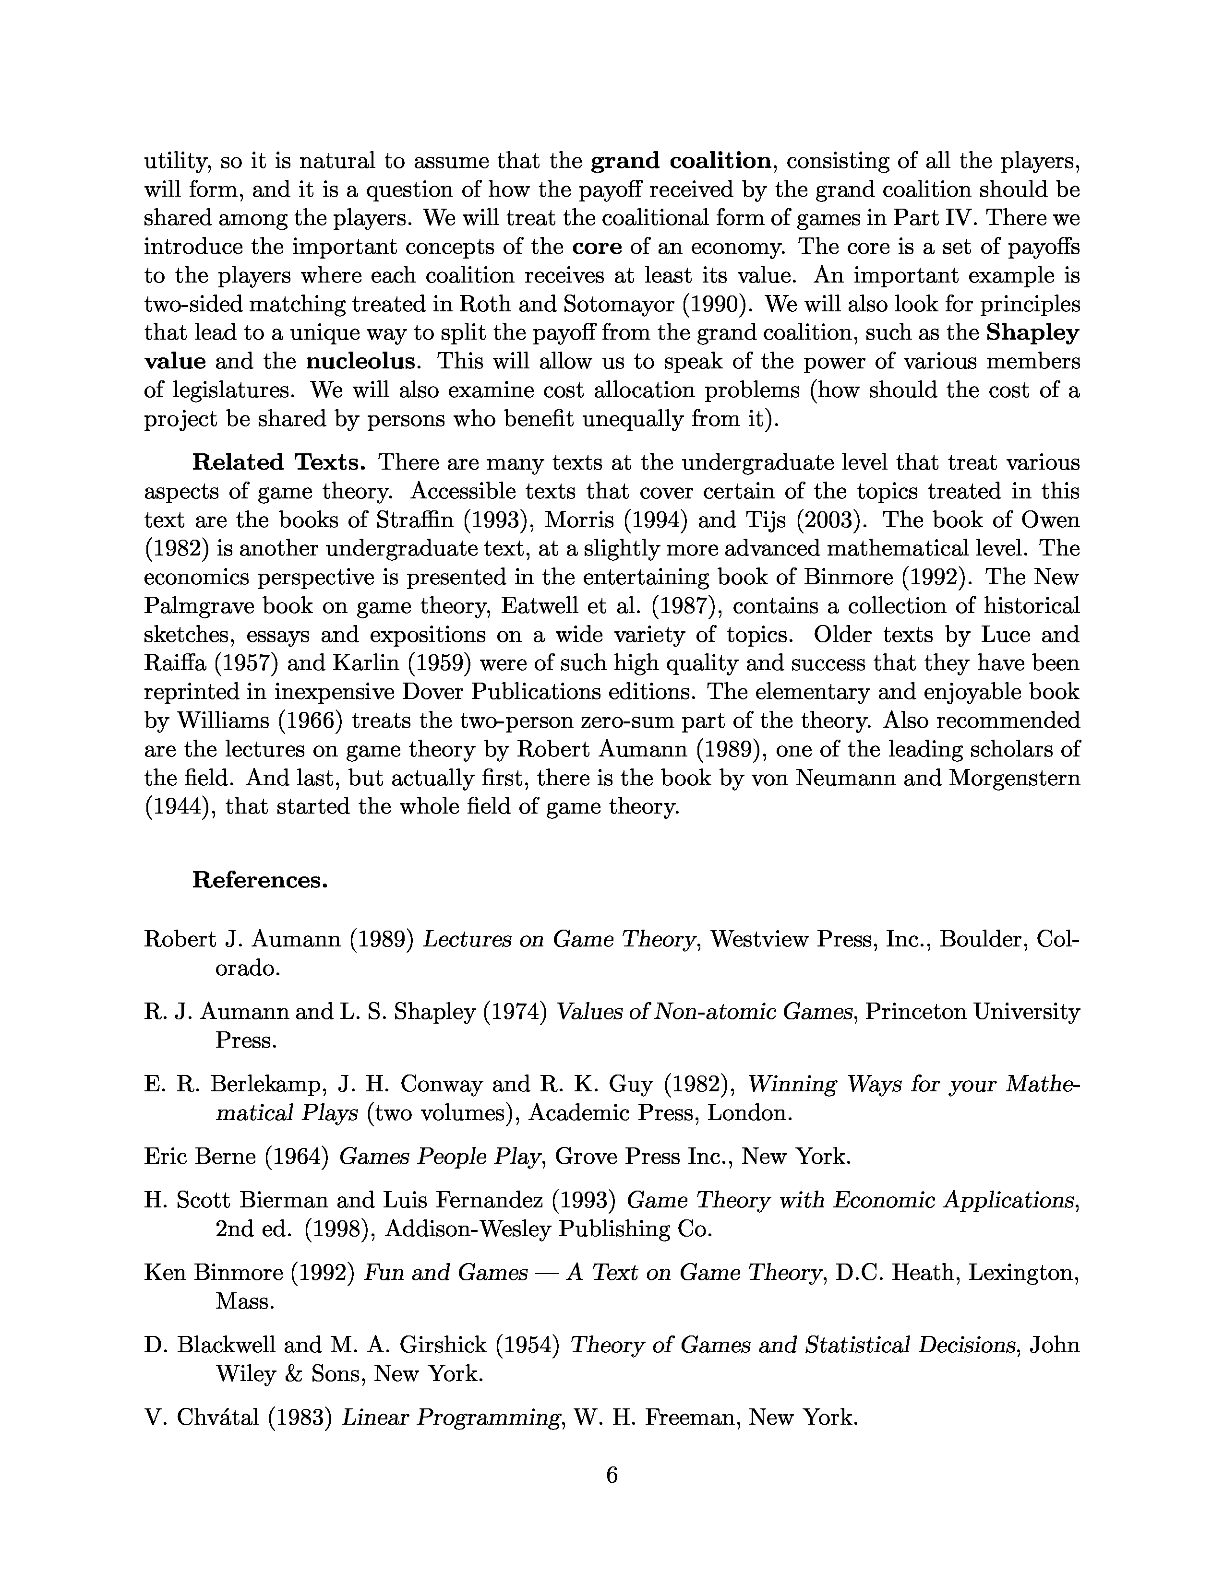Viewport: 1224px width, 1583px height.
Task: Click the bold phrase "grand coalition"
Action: tap(680, 161)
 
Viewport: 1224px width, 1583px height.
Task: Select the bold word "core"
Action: tap(597, 247)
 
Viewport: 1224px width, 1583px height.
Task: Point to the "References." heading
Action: tap(260, 880)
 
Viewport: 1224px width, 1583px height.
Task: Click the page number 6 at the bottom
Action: tap(611, 1475)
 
